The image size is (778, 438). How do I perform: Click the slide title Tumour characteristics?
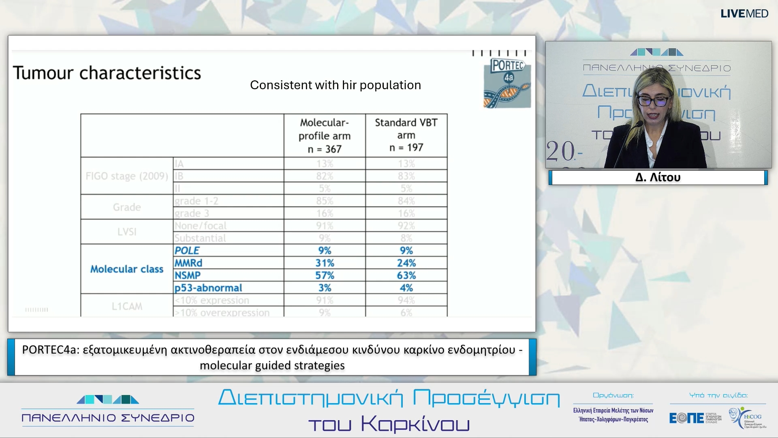tap(107, 73)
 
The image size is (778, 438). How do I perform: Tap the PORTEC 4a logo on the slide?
tap(507, 84)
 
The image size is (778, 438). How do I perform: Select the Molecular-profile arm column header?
tap(325, 135)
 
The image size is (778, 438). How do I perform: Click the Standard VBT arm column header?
tap(406, 135)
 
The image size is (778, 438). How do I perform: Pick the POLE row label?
tap(187, 251)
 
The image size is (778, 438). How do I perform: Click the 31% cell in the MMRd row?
tap(325, 263)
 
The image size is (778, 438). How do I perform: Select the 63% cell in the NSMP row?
tap(406, 275)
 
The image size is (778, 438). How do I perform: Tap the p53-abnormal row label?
tap(208, 288)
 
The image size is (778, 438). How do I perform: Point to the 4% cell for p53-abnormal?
tap(406, 288)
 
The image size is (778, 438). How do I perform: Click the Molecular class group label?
tap(126, 269)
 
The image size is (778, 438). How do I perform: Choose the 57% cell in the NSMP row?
tap(325, 275)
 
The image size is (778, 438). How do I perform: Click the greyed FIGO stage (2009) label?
tap(126, 176)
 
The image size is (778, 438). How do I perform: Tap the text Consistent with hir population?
tap(335, 85)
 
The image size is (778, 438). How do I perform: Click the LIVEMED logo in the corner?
tap(744, 14)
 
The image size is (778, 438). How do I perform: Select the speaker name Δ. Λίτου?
tap(658, 178)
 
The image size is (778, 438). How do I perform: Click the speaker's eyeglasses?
tap(653, 101)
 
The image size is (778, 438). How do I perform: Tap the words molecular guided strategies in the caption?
tap(272, 365)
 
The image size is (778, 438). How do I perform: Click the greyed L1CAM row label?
tap(126, 307)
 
